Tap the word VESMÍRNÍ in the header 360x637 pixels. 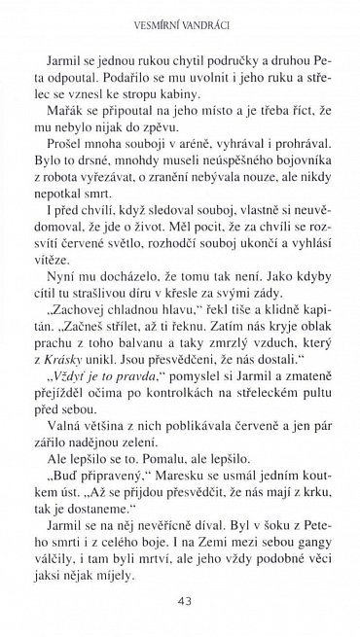coord(148,17)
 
